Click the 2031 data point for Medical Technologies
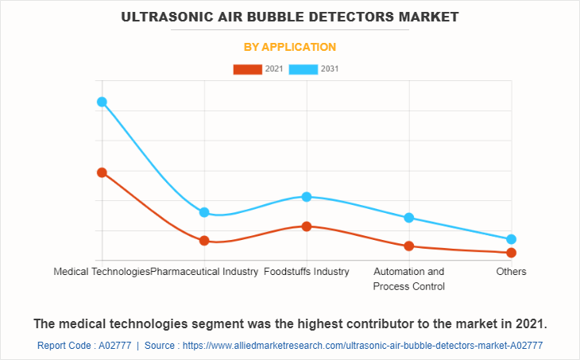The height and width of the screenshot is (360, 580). [x=102, y=102]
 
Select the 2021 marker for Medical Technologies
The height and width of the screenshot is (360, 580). [x=102, y=172]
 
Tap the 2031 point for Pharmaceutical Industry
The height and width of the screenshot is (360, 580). [x=204, y=212]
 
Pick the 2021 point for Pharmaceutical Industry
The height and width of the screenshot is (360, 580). [x=204, y=240]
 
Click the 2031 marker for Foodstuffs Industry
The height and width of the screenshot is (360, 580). [x=307, y=196]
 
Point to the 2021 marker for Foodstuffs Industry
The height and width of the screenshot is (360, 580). [x=307, y=226]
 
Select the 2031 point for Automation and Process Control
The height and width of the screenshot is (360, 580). [x=409, y=218]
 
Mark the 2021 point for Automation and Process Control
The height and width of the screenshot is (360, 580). [x=409, y=246]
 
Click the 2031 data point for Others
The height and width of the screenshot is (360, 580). [x=512, y=239]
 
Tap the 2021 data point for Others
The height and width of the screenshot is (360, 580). [x=512, y=253]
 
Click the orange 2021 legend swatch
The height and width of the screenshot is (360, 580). [x=247, y=69]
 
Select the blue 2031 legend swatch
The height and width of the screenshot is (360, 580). [x=304, y=69]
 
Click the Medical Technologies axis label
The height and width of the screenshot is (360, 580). [x=101, y=272]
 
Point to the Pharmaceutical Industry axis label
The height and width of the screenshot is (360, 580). [x=205, y=272]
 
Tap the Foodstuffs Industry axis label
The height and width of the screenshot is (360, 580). [x=307, y=272]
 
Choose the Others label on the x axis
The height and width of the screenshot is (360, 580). [x=512, y=272]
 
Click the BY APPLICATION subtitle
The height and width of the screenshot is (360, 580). [x=290, y=47]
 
